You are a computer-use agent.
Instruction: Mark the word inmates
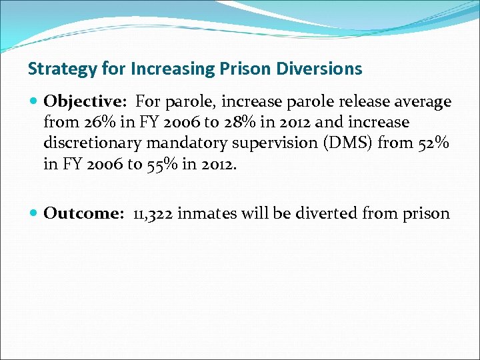[x=212, y=214]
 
